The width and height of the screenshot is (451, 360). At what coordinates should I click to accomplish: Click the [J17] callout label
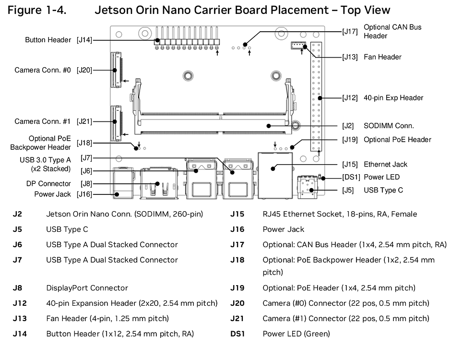(349, 32)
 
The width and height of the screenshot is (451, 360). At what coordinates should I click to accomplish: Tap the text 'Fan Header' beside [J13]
(382, 57)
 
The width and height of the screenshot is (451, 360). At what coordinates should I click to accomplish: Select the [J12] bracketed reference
(349, 98)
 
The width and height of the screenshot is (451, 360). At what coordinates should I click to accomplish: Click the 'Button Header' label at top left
(48, 40)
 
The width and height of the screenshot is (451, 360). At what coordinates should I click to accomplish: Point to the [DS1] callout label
(351, 177)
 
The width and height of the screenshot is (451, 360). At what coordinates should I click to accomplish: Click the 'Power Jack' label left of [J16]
(52, 194)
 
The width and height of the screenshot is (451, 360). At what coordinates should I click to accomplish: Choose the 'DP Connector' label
(48, 184)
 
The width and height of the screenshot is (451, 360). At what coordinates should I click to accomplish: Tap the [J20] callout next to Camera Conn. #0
(84, 70)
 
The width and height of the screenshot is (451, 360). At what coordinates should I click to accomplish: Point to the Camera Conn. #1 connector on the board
(115, 123)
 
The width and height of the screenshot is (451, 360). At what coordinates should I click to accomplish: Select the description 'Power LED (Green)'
(296, 334)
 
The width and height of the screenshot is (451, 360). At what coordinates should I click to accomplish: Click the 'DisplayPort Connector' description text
(87, 288)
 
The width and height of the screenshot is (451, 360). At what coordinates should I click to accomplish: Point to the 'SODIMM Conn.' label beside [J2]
(389, 126)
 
